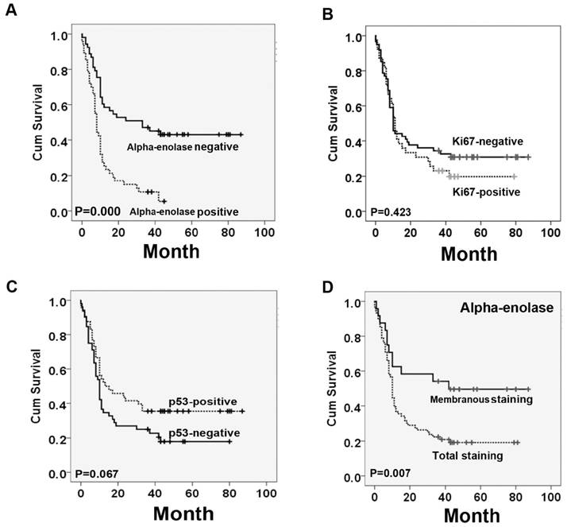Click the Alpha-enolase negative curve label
click(183, 146)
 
